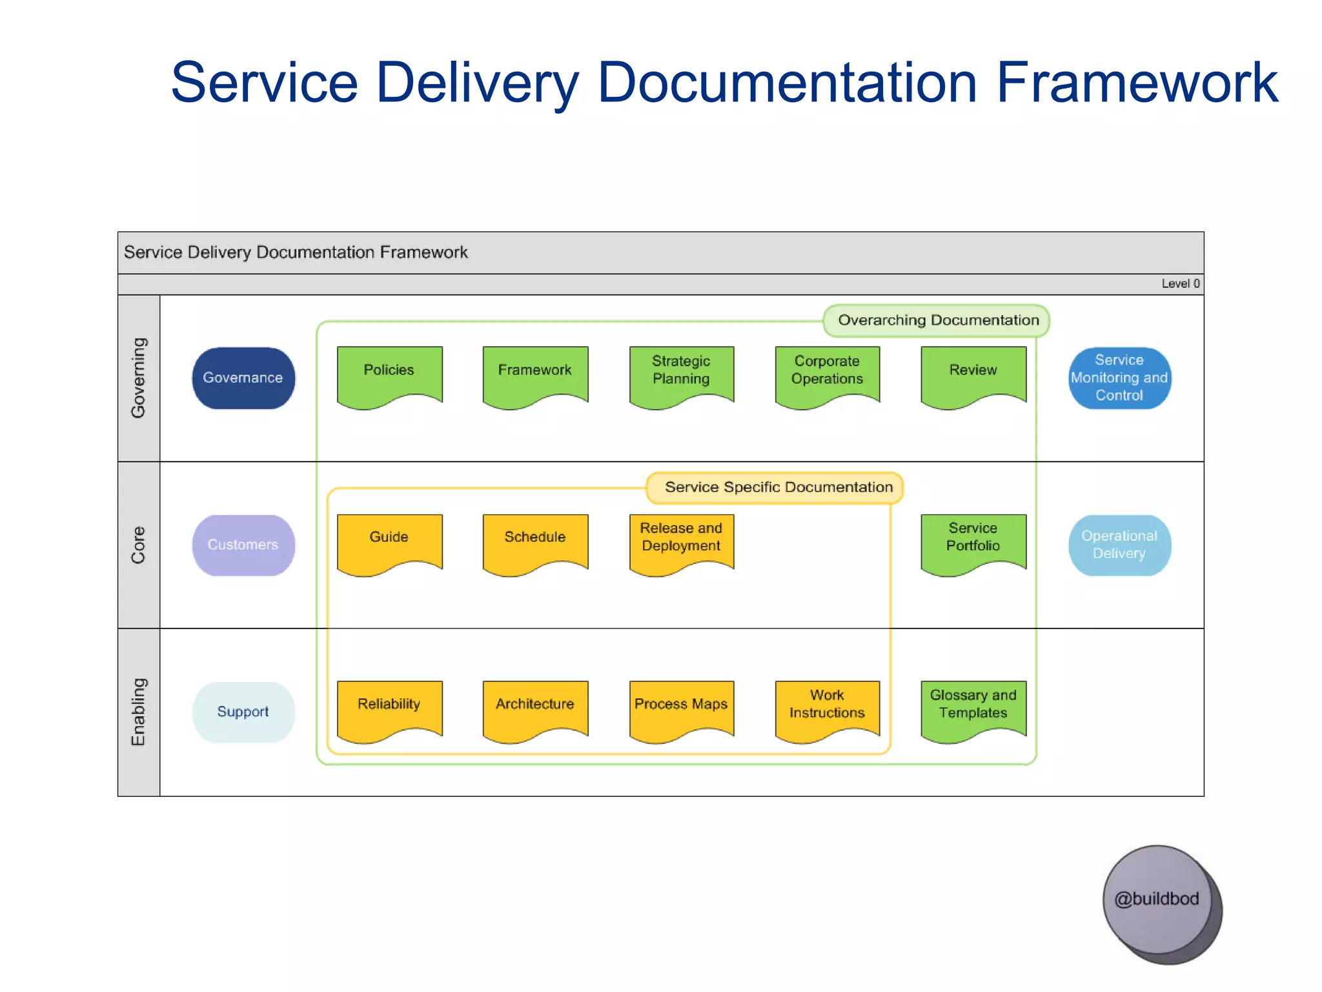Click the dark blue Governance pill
[243, 378]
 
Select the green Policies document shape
[389, 375]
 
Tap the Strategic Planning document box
[681, 375]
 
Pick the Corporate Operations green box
[827, 375]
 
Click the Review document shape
[973, 375]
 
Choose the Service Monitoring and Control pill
[1119, 378]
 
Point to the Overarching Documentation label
[937, 320]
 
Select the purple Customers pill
[243, 545]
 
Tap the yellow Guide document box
[389, 541]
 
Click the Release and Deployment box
[681, 541]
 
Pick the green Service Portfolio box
[973, 541]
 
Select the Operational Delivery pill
[1119, 545]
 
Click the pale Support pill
[243, 712]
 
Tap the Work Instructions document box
[827, 708]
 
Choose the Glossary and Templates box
[973, 708]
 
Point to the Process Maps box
[681, 708]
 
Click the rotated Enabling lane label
[138, 712]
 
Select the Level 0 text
[1180, 284]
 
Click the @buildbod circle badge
[1157, 900]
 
